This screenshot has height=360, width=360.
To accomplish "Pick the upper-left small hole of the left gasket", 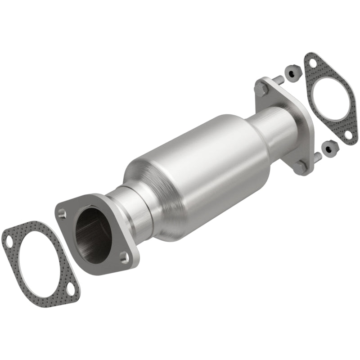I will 8,240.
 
